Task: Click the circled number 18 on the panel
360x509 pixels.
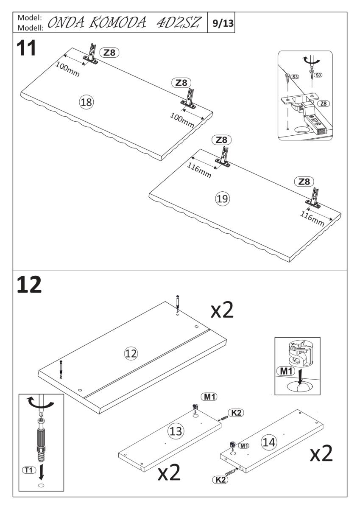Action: pos(87,102)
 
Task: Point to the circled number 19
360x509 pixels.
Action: pos(222,198)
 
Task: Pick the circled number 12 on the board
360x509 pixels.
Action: pos(131,352)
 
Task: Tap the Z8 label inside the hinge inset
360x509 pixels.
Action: pos(324,103)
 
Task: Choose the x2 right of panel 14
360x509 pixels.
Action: pos(321,454)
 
